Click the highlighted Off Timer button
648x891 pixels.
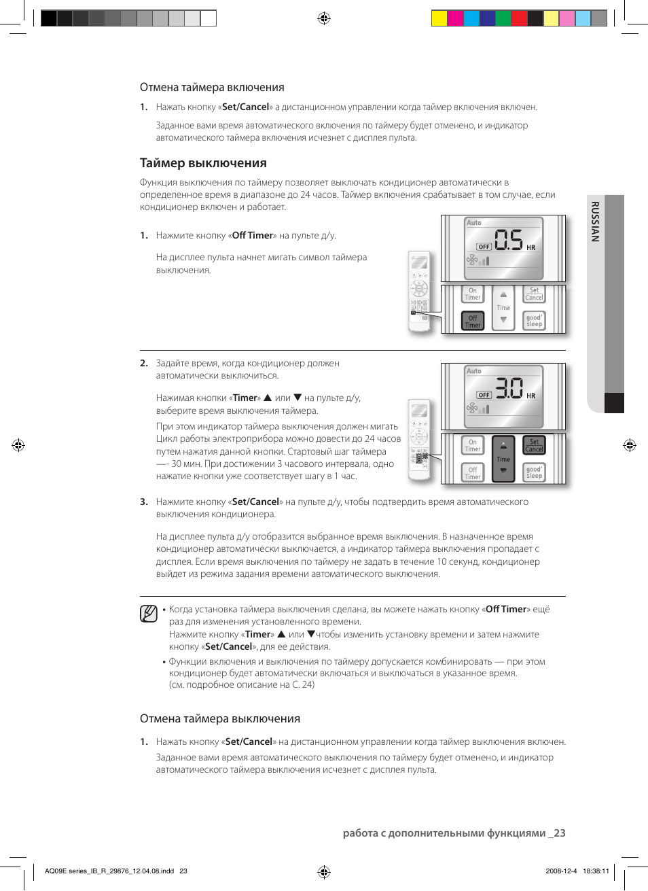coord(473,321)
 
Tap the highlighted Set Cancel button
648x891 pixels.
coord(534,445)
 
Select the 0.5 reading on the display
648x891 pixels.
coord(509,240)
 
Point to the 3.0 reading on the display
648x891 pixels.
coord(509,388)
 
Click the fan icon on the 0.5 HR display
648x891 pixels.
coord(472,260)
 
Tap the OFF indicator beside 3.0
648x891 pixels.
coord(484,395)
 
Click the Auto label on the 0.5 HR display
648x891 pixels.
coord(474,223)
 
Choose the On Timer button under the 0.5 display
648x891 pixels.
coord(473,294)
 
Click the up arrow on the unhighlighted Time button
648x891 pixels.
coord(503,295)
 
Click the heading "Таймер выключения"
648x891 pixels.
coord(203,163)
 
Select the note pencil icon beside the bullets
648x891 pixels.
coord(149,614)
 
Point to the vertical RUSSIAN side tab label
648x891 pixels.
coord(595,222)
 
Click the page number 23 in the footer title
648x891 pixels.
coord(559,833)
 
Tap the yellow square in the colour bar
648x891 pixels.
coord(439,18)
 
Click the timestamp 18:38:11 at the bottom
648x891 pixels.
coord(596,871)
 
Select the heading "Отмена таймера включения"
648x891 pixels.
coord(212,88)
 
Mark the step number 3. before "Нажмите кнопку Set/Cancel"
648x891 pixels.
coord(144,502)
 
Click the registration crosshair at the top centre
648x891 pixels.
coord(324,18)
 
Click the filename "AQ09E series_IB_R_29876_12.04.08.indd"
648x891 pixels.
coord(109,871)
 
